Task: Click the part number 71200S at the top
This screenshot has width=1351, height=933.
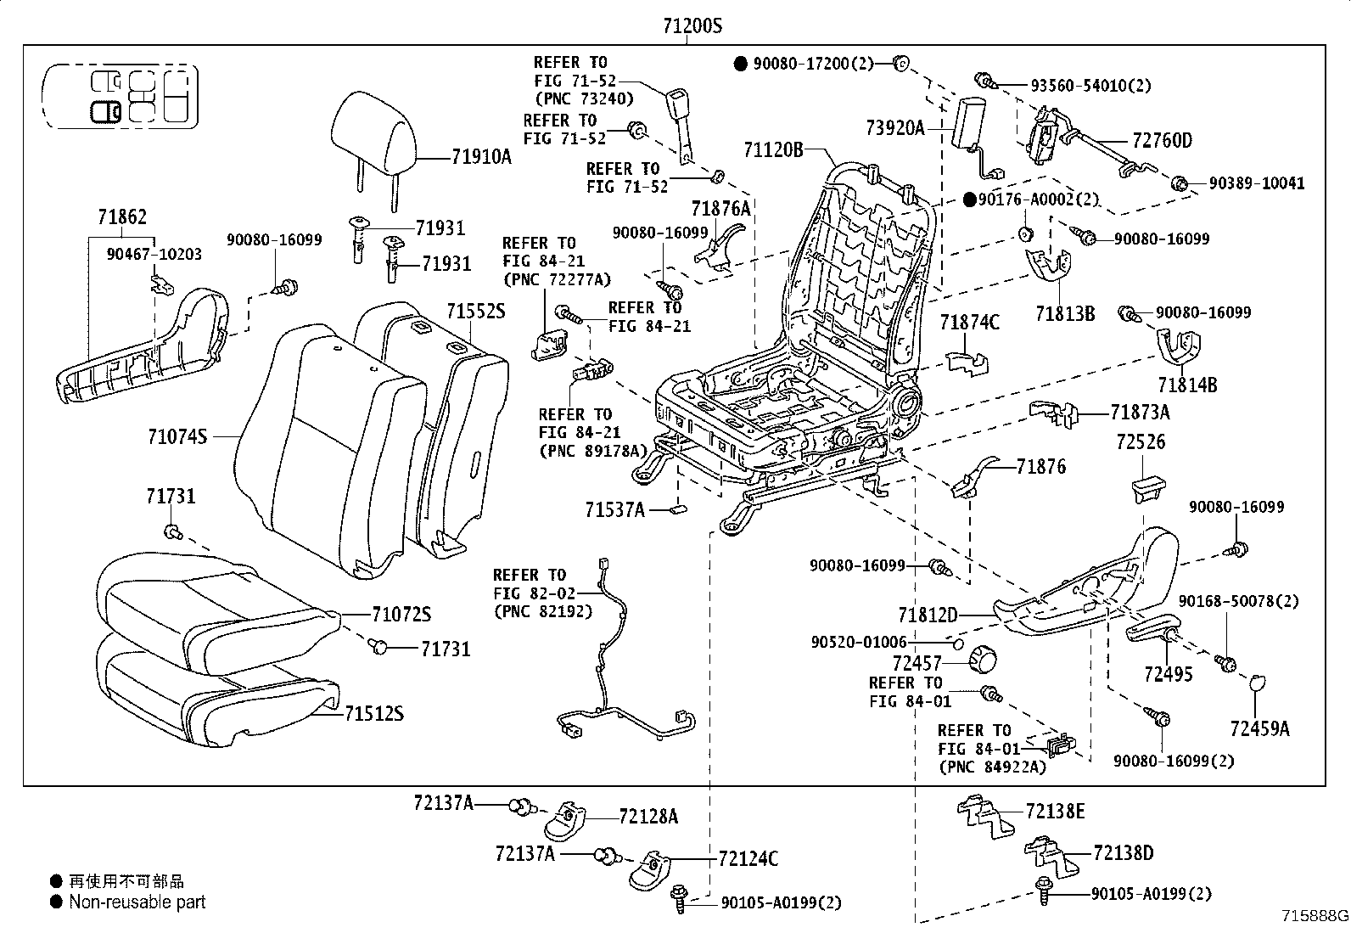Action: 692,26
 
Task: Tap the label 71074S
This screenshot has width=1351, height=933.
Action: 177,436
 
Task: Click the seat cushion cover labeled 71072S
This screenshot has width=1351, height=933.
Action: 217,613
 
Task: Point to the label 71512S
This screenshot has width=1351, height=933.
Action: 374,713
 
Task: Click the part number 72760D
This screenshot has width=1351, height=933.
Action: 1163,141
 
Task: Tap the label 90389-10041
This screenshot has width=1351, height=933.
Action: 1256,183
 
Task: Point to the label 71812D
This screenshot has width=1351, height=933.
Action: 928,615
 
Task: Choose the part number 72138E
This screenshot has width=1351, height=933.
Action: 1055,811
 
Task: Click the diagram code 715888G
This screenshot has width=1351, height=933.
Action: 1315,915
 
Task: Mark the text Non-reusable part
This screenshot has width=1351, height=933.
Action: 137,902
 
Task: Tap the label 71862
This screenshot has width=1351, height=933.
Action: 122,216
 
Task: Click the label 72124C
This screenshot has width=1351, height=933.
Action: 748,858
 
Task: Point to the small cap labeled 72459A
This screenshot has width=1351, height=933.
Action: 1256,682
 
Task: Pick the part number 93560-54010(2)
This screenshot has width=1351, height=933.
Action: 1090,86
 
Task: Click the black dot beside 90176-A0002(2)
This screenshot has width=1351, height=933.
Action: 969,200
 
